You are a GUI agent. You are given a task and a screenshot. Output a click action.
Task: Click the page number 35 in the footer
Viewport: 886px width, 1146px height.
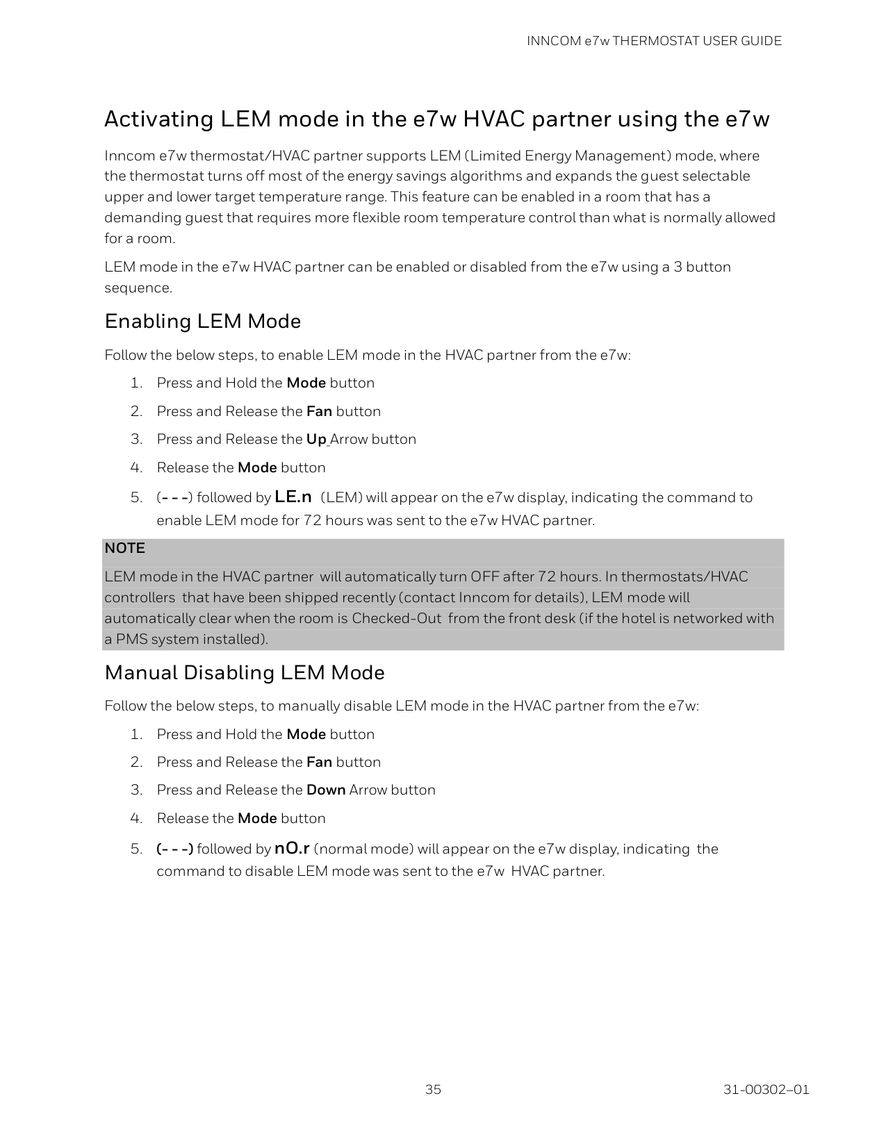pos(433,1089)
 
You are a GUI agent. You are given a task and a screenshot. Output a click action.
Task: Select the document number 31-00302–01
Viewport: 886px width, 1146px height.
pos(766,1089)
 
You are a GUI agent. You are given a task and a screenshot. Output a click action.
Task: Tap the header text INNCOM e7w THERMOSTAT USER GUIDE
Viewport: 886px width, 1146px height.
pos(654,41)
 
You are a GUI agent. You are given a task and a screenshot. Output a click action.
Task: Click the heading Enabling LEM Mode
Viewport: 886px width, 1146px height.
pos(202,322)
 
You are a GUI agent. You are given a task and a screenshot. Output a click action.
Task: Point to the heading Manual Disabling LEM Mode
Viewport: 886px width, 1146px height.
pos(244,672)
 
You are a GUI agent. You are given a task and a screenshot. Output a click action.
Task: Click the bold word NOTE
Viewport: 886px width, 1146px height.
pos(124,548)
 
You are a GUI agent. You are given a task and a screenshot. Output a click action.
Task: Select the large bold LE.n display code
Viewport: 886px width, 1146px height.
pos(293,497)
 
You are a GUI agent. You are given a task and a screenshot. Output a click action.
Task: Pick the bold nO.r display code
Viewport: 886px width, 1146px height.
pos(292,848)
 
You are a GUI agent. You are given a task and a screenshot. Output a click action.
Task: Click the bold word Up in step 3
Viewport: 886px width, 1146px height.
pos(316,439)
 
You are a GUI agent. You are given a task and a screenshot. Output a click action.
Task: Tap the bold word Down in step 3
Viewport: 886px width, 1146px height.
pos(326,790)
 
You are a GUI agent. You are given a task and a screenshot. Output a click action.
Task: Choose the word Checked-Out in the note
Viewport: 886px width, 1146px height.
pos(396,618)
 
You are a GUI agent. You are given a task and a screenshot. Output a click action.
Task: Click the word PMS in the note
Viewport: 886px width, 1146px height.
pos(130,639)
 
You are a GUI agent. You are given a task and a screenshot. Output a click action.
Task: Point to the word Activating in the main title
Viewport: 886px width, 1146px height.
pos(158,119)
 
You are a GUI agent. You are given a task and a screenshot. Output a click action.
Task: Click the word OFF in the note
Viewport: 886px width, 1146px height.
pos(484,576)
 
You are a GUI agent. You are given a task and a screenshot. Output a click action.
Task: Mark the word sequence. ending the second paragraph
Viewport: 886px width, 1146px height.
pos(138,288)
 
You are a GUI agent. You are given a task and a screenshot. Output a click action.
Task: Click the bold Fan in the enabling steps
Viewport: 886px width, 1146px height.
pos(319,411)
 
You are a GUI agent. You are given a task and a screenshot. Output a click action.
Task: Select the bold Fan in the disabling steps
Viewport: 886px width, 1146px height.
pos(319,762)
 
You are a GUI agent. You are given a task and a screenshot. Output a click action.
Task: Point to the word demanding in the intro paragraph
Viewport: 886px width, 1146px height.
pos(142,217)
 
